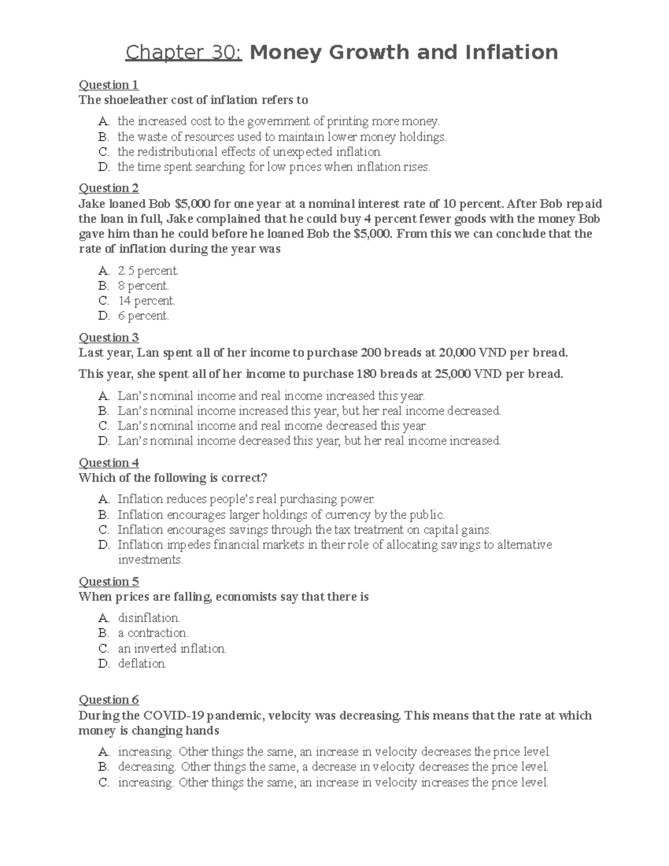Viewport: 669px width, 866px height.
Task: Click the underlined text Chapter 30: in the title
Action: pos(183,53)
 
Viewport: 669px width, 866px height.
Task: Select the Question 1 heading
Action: pos(108,85)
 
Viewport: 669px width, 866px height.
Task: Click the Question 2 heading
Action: pos(108,188)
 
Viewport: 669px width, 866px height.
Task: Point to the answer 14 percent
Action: pos(146,301)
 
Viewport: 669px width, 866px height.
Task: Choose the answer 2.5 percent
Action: pos(148,271)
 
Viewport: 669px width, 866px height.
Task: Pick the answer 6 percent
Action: pos(143,316)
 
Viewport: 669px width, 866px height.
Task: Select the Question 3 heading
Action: pos(108,337)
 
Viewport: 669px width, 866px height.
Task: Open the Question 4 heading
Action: pos(108,463)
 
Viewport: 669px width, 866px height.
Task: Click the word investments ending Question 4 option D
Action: pos(150,560)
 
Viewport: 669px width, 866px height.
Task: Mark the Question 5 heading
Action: pos(108,582)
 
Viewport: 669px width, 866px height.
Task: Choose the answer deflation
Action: pos(142,664)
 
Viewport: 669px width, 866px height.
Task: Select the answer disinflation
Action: pos(149,618)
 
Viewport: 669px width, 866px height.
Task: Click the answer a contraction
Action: pos(153,633)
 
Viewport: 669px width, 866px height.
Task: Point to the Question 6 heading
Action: pos(108,700)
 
